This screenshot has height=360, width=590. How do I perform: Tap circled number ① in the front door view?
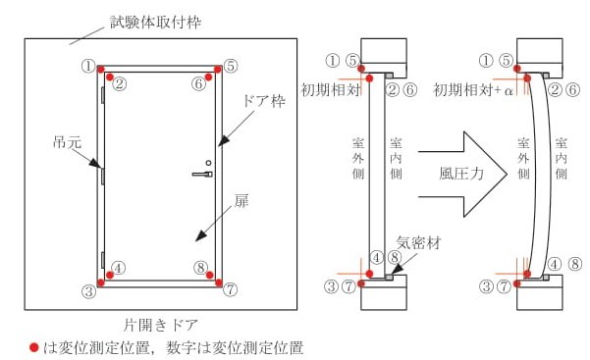click(x=88, y=66)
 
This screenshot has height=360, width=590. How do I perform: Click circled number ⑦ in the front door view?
click(x=231, y=290)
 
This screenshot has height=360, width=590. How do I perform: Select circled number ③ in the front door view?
click(x=88, y=290)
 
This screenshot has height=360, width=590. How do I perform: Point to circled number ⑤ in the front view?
click(x=231, y=66)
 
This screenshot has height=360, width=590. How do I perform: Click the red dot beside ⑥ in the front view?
click(x=210, y=76)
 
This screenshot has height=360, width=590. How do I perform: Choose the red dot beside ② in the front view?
click(x=109, y=77)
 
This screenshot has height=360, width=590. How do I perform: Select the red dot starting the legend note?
click(x=33, y=346)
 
